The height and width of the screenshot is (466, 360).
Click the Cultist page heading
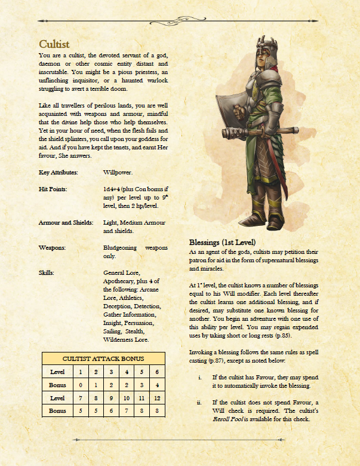click(x=54, y=44)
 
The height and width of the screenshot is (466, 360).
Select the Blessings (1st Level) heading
click(x=222, y=243)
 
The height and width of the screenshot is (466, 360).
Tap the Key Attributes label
click(x=58, y=172)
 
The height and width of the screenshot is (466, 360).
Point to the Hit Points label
click(x=53, y=189)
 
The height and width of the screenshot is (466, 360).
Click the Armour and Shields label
click(x=66, y=222)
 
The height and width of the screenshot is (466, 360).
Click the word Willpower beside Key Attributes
click(x=118, y=172)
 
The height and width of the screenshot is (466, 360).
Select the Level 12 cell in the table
click(x=156, y=397)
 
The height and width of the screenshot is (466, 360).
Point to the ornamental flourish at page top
click(x=180, y=16)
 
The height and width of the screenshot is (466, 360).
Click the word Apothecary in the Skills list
click(x=123, y=281)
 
